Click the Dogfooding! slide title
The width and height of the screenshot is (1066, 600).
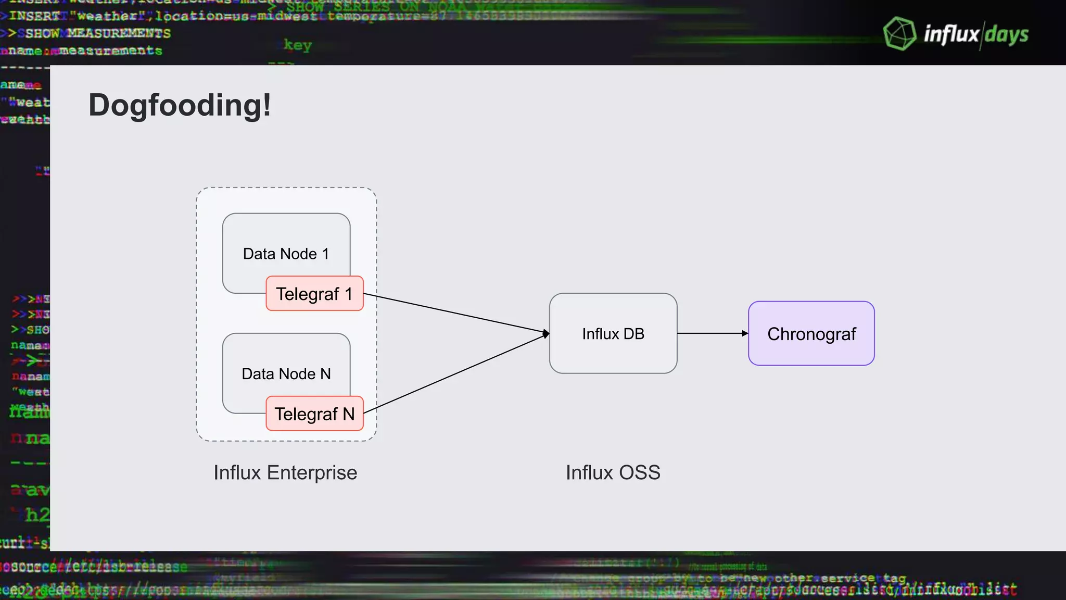tap(180, 105)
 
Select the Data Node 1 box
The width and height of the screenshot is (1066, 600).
tap(286, 245)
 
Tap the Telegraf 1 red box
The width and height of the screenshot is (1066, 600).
tap(314, 294)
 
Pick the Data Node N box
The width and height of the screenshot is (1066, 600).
tap(286, 365)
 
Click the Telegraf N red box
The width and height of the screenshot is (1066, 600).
tap(314, 414)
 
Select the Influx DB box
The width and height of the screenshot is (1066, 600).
tap(613, 333)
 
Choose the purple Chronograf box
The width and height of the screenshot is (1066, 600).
tap(811, 333)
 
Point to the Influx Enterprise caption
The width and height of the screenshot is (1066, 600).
tap(285, 473)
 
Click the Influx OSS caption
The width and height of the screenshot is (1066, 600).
tap(613, 473)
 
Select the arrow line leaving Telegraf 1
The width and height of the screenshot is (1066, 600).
tap(455, 314)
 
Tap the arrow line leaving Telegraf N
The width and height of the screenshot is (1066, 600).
tap(455, 373)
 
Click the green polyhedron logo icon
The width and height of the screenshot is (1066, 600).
tap(899, 34)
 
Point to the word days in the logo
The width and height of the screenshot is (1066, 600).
tap(1006, 35)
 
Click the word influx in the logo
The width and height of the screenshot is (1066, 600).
tap(951, 34)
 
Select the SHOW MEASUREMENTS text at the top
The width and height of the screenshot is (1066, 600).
tap(98, 33)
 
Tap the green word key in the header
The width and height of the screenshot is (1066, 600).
tap(297, 45)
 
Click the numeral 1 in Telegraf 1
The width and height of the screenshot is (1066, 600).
tap(348, 294)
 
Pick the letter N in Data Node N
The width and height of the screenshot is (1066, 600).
tap(325, 374)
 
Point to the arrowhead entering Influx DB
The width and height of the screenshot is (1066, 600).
tap(546, 333)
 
